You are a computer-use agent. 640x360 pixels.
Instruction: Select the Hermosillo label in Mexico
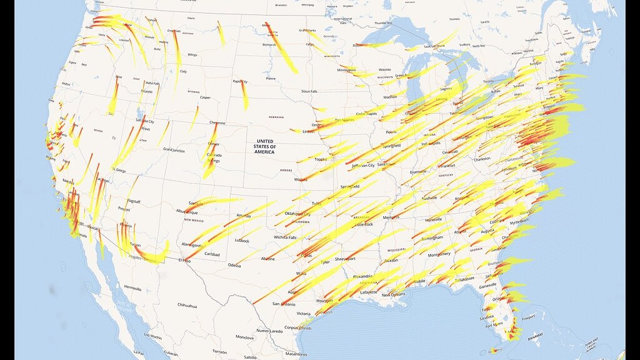pos(132,288)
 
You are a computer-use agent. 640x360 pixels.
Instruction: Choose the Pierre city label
pos(271,79)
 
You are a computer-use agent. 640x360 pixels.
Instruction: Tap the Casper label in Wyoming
pos(205,97)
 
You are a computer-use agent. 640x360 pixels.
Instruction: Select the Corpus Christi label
pos(298,327)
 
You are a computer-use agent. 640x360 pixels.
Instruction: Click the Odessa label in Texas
pos(234,265)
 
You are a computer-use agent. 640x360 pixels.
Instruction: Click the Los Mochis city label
pos(153,336)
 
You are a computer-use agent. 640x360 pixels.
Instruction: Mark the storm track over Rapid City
pos(244,92)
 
